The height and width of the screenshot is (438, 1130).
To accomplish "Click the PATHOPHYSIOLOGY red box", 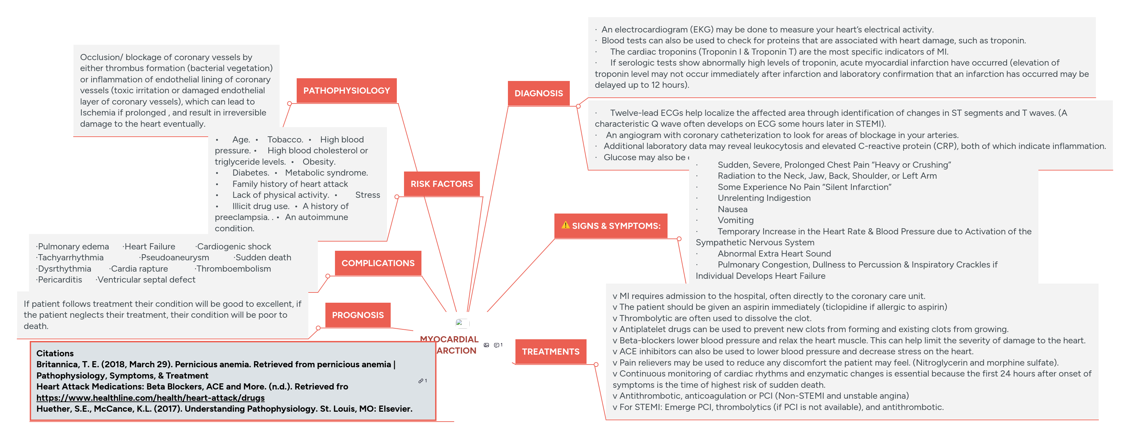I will click(346, 91).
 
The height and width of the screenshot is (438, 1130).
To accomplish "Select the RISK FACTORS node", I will click(441, 184).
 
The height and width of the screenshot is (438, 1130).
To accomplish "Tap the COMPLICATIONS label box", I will click(378, 263).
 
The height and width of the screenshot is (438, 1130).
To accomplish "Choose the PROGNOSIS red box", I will click(358, 315).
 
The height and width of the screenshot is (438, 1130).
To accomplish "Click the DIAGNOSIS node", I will click(538, 93).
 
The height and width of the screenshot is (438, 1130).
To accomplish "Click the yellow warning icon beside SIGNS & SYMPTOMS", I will click(565, 225).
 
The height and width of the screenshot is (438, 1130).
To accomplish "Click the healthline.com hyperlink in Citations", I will click(150, 398).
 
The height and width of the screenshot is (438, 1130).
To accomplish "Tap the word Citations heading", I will click(55, 353).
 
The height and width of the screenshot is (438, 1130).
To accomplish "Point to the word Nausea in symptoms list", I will click(732, 209).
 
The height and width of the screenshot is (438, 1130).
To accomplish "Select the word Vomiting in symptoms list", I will click(735, 220).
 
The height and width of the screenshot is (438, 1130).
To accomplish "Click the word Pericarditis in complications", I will click(60, 280).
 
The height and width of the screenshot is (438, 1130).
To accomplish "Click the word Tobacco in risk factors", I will click(285, 140).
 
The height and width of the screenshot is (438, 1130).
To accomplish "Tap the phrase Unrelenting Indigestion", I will click(764, 198).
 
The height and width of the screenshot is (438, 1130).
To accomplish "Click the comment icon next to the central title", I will click(496, 345).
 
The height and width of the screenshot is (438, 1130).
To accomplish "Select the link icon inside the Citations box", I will click(421, 381).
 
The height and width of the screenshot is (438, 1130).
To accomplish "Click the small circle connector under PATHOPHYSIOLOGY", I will click(290, 104).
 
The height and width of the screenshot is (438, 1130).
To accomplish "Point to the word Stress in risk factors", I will click(367, 195).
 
